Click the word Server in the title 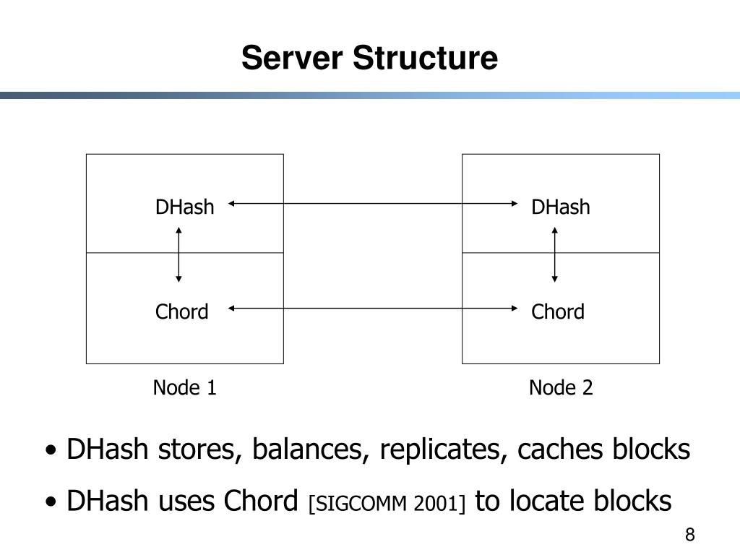click(292, 58)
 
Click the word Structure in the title click(425, 58)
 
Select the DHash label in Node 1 click(184, 207)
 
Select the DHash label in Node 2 click(561, 207)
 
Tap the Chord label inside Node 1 click(181, 312)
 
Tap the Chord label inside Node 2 click(558, 312)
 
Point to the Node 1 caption click(184, 388)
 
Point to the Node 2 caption click(561, 388)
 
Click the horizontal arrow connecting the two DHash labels click(373, 204)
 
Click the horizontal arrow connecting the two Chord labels click(373, 309)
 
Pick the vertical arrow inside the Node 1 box click(178, 255)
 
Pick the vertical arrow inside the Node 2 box click(554, 255)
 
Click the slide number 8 click(690, 535)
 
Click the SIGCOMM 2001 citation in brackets click(387, 503)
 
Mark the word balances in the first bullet click(310, 449)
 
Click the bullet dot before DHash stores click(51, 450)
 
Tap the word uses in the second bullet click(186, 501)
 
